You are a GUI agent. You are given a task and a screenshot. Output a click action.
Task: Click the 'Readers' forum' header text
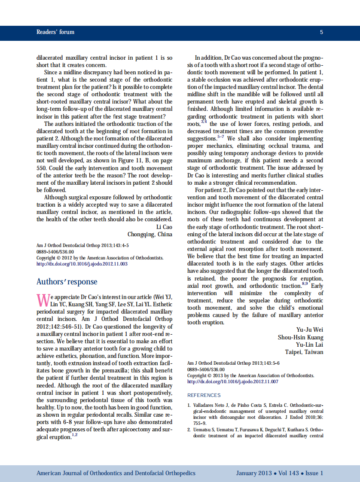click(x=55, y=32)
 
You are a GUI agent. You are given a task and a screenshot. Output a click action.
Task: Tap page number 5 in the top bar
click(x=321, y=32)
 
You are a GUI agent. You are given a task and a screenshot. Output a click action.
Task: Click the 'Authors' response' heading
click(x=67, y=282)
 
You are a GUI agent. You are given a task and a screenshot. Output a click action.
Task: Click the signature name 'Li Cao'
click(x=163, y=227)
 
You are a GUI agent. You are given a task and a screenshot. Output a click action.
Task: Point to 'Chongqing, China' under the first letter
click(x=149, y=234)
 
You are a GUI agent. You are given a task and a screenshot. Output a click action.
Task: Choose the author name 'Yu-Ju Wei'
click(x=310, y=330)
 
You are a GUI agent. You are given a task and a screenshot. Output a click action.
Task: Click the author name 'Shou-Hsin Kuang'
click(x=300, y=337)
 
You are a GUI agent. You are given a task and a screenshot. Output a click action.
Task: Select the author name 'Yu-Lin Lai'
click(x=309, y=345)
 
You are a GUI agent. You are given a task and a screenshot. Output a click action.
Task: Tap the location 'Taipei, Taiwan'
click(x=304, y=352)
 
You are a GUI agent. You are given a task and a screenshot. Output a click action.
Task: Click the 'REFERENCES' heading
click(x=204, y=395)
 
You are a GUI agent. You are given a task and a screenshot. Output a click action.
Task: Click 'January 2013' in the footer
click(x=253, y=473)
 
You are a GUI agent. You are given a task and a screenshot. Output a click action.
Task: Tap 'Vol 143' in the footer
click(x=288, y=473)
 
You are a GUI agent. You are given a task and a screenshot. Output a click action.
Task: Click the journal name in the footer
click(x=116, y=473)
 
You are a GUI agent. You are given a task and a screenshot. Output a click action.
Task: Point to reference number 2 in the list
click(x=189, y=430)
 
